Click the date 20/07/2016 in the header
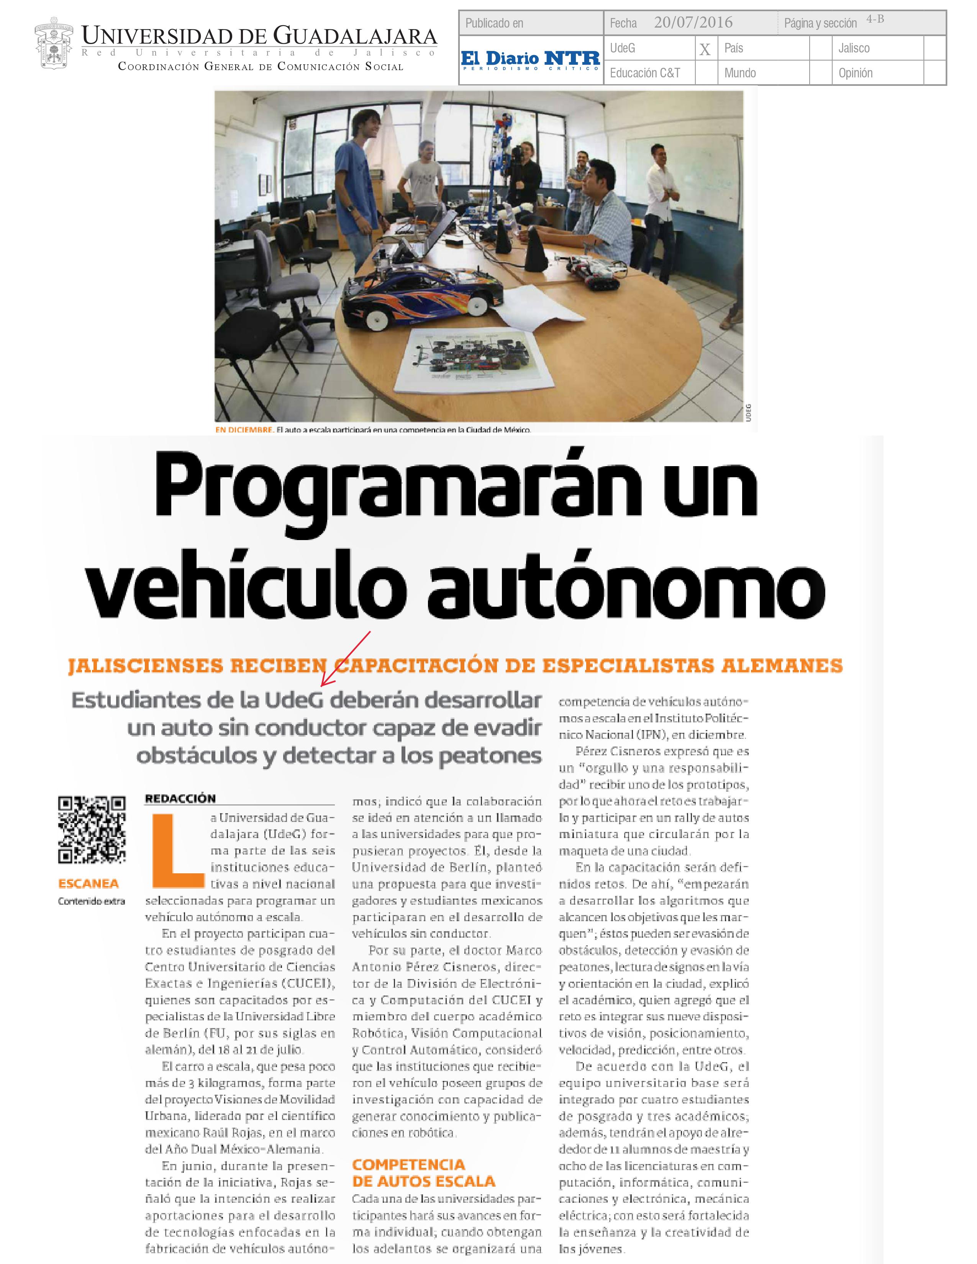693,23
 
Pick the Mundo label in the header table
740,73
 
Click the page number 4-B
875,19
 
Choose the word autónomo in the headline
626,586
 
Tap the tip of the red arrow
322,686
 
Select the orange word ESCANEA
89,884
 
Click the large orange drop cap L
177,851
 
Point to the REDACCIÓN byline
180,799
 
